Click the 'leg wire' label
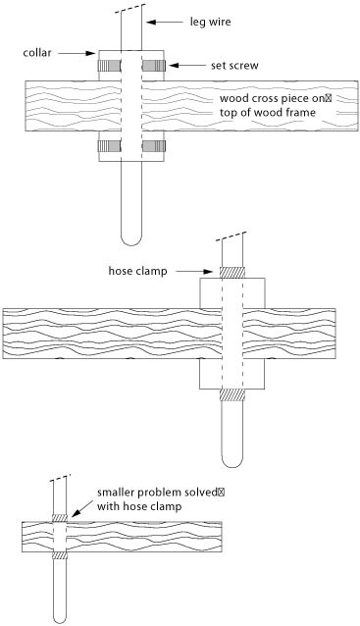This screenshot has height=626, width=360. (x=210, y=22)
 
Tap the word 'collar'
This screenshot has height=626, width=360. (x=37, y=52)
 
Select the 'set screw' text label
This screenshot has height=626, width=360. (x=234, y=66)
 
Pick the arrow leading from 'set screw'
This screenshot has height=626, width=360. (x=188, y=65)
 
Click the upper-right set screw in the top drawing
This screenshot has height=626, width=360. (x=154, y=65)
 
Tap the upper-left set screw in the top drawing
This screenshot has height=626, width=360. (x=109, y=65)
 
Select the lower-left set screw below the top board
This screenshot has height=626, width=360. (x=109, y=146)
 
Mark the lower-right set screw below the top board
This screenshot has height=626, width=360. (x=154, y=146)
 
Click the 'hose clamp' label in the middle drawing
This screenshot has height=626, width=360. (x=137, y=271)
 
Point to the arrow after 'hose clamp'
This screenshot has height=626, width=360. (x=194, y=272)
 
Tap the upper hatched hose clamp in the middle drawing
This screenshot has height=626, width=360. (x=231, y=272)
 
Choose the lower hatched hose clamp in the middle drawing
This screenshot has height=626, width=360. (x=231, y=394)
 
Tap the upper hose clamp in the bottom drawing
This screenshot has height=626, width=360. (x=60, y=517)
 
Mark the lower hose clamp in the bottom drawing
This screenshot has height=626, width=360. (x=60, y=555)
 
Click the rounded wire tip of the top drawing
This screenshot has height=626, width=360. (x=131, y=240)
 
